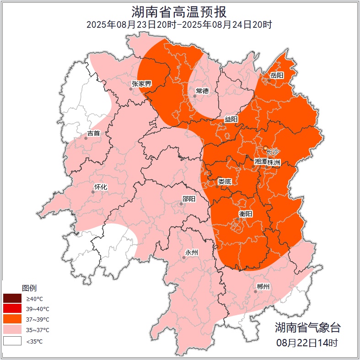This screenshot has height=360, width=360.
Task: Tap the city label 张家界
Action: pos(141,84)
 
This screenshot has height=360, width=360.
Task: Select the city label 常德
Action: pos(202,91)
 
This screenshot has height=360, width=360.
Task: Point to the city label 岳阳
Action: pos(277,75)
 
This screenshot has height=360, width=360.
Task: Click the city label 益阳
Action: pos(231,119)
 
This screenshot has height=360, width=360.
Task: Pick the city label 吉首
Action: pos(93,133)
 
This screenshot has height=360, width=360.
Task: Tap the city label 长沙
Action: pos(272,151)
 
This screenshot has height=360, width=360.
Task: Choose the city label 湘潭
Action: pos(261,162)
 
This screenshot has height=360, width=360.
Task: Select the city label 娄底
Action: pos(225,182)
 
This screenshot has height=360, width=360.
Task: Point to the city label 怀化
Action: pos(100,187)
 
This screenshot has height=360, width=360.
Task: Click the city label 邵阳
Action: pos(188,199)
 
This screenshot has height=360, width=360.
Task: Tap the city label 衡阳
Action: pos(245,214)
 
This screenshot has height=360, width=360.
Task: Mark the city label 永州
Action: pos(191,253)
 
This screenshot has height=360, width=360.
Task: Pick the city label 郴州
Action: pos(263,287)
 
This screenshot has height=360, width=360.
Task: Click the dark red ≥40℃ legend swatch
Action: pos(12,298)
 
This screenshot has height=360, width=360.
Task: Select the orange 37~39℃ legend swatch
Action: pos(12,319)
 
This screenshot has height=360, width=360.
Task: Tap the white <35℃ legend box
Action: pos(12,341)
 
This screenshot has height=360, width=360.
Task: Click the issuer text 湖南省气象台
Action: pos(307,327)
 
